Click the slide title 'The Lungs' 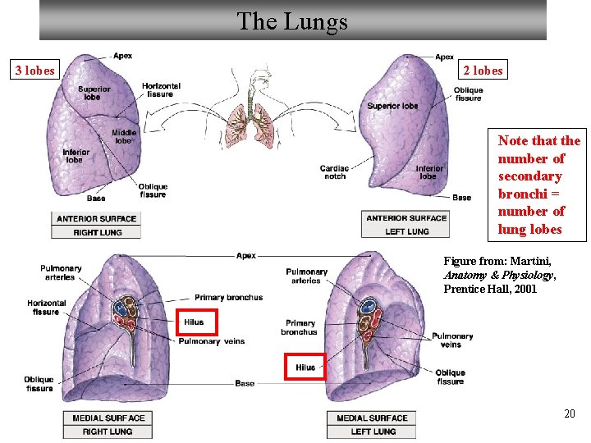[292, 21]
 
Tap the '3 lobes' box [36, 70]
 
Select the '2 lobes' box [483, 70]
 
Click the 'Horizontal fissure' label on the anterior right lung [161, 90]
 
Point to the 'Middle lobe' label [124, 137]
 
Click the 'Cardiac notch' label [334, 172]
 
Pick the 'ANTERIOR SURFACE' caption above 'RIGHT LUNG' [97, 218]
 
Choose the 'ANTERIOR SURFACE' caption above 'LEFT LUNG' [406, 218]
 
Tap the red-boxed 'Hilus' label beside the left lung [305, 368]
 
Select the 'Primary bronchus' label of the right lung [228, 297]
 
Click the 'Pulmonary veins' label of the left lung [452, 340]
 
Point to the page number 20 [569, 414]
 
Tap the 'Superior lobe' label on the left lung [392, 106]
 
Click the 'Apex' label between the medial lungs [246, 255]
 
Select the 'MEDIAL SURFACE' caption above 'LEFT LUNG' [373, 418]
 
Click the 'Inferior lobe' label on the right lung [76, 156]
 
